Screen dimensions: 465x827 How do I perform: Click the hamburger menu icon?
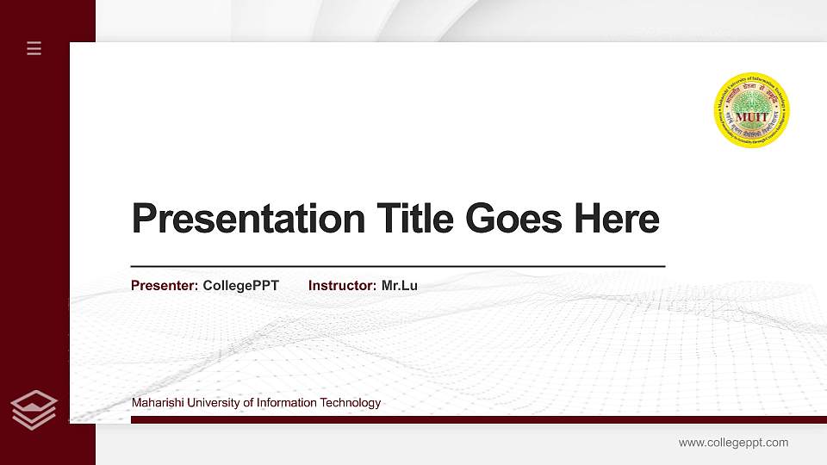point(34,48)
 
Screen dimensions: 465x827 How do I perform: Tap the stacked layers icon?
point(34,409)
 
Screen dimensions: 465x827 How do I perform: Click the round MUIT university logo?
point(751,109)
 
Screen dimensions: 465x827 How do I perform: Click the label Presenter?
point(165,285)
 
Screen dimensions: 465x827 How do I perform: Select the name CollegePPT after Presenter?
point(241,285)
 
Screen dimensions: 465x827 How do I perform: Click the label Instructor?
point(342,285)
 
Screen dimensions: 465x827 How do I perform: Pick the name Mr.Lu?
point(400,285)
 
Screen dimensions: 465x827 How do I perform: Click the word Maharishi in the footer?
point(156,403)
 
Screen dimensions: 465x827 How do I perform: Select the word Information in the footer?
point(289,403)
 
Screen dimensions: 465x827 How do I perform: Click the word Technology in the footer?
point(351,403)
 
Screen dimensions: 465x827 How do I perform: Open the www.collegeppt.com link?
point(733,443)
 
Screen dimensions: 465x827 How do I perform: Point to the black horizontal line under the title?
point(397,267)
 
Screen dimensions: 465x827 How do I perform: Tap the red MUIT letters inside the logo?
point(751,117)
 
